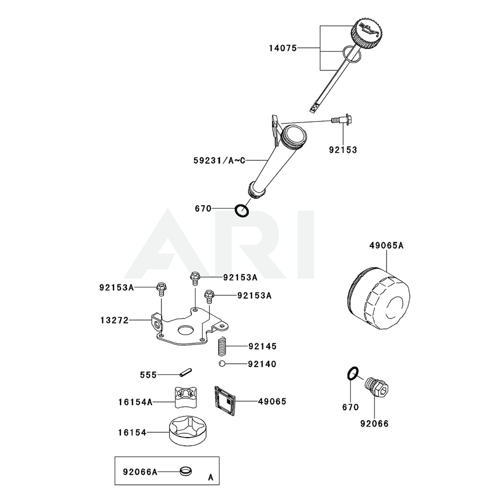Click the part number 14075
tap(282, 48)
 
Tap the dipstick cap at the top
tap(366, 32)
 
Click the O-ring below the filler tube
tap(242, 210)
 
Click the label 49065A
tap(386, 245)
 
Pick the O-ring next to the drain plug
tap(352, 373)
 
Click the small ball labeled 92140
tap(221, 363)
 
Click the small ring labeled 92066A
tap(186, 470)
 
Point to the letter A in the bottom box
tap(210, 477)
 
